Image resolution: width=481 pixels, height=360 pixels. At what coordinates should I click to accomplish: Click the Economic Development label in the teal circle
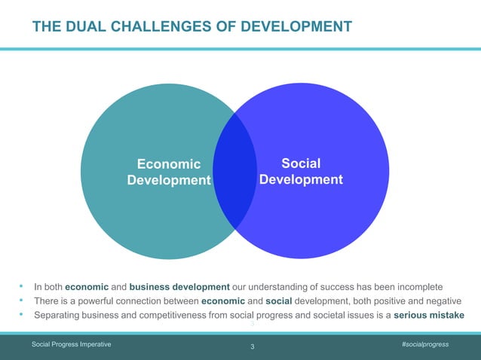coord(169,172)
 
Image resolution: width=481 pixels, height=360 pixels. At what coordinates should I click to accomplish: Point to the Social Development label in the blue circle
coord(301,172)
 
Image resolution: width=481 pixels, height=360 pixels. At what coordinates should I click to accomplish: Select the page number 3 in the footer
coord(252,346)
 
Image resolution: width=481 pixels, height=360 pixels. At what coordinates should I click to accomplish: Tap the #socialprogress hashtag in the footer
coord(425,343)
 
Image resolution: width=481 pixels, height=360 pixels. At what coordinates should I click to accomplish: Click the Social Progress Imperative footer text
coord(72,343)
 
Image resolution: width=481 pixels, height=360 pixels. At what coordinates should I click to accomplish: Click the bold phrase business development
coord(179,287)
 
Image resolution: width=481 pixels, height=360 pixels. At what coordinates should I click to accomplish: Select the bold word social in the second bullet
coord(278,301)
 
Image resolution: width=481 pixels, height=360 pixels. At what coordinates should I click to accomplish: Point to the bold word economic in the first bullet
coord(87,287)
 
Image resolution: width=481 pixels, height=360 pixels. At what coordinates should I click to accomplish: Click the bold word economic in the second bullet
coord(224,301)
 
